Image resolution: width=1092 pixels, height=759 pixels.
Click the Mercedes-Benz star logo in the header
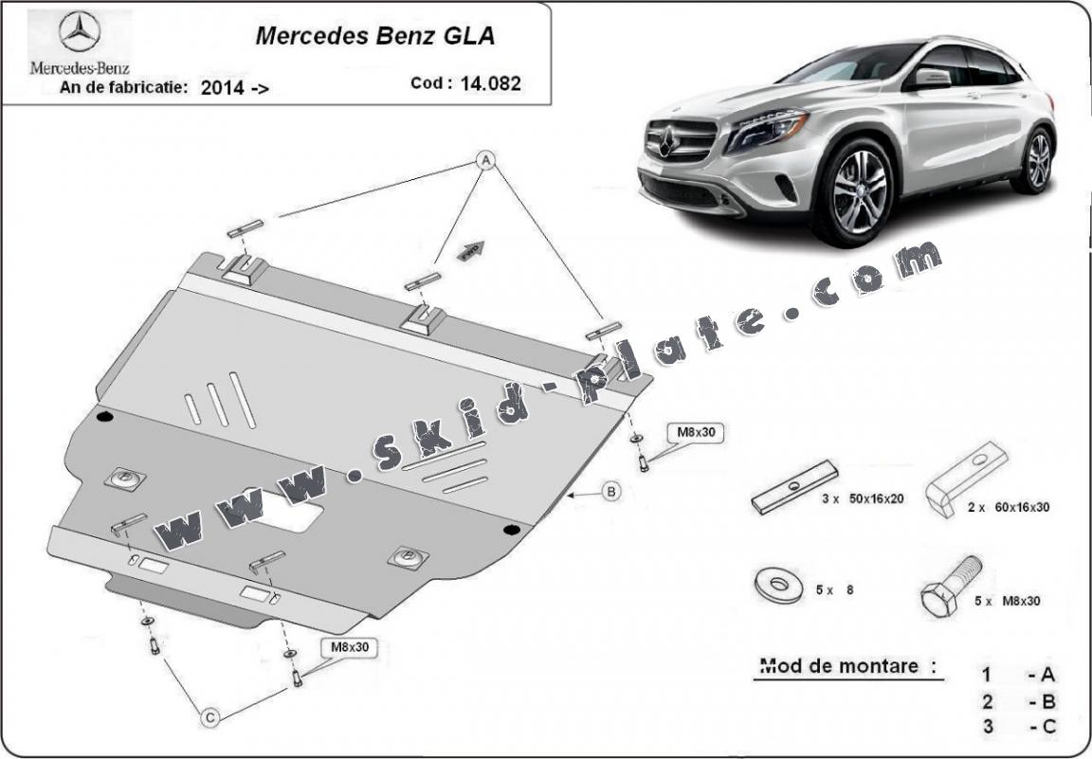80,33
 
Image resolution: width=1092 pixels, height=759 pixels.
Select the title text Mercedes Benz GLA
374,37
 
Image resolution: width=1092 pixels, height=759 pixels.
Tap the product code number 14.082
491,83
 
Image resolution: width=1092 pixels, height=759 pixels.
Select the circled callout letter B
611,491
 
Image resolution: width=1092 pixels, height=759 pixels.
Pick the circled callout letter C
211,718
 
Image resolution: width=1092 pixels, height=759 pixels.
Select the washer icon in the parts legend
778,585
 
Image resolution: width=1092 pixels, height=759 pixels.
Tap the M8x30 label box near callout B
697,432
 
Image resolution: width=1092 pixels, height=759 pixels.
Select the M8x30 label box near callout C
349,647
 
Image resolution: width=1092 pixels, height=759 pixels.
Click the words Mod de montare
840,666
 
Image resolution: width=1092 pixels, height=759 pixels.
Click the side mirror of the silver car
931,79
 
